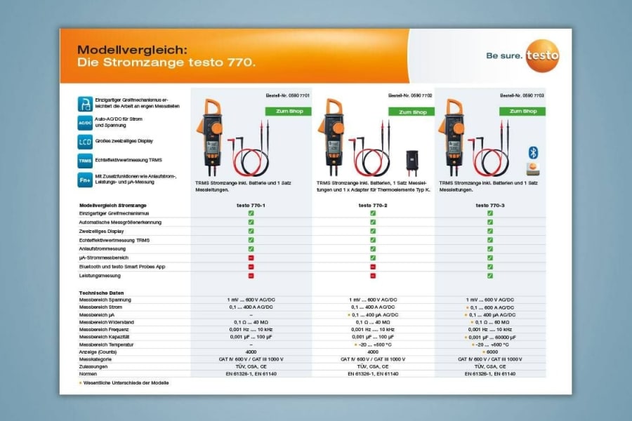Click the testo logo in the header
click(542, 54)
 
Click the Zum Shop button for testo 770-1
click(288, 112)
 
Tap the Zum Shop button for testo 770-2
click(412, 112)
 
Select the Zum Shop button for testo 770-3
click(522, 111)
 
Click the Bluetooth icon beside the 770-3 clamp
click(532, 152)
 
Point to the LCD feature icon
click(85, 142)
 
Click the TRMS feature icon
click(85, 161)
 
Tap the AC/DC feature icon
click(85, 123)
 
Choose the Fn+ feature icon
click(85, 180)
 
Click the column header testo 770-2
click(373, 204)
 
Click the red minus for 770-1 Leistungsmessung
click(251, 276)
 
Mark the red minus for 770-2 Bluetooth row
click(373, 267)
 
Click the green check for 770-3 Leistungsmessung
click(490, 276)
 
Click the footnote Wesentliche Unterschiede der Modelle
click(126, 383)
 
